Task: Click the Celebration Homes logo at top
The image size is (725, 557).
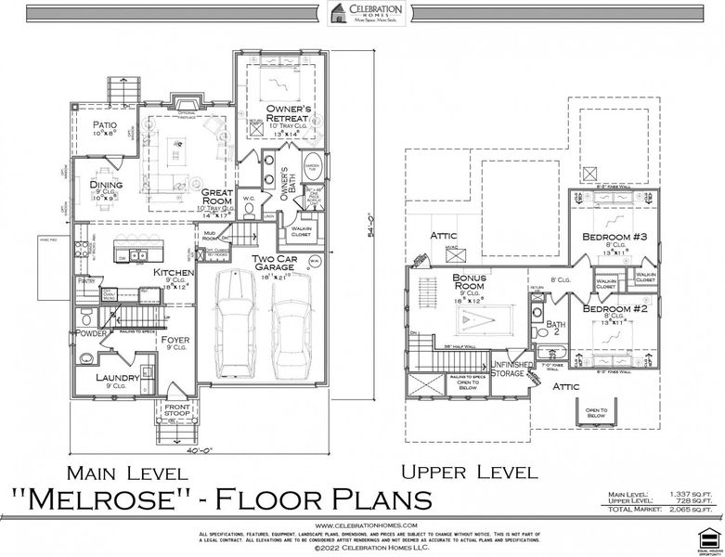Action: coord(363,13)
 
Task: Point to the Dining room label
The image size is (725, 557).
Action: coord(106,185)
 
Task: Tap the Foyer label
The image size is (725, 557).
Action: coord(175,340)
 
